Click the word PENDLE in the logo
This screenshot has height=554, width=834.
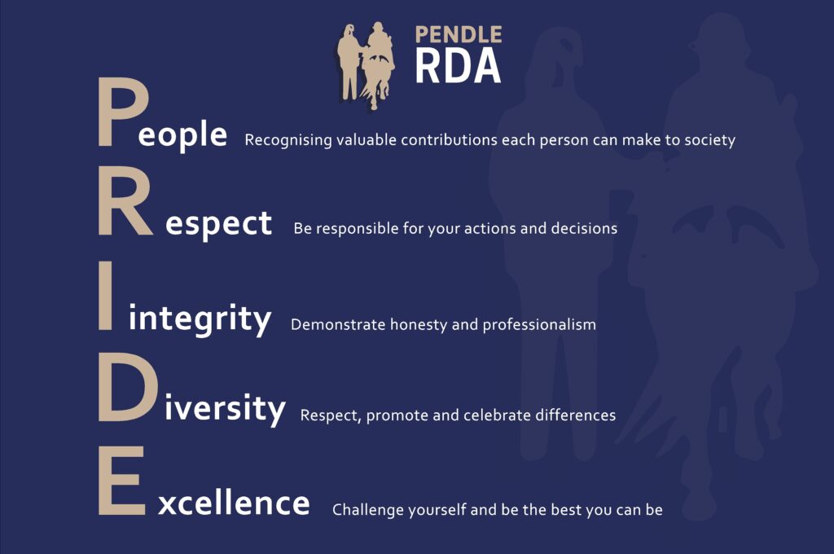pyautogui.click(x=459, y=35)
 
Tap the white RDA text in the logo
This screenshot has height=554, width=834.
pyautogui.click(x=458, y=66)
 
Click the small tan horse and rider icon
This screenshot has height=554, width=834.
pyautogui.click(x=366, y=65)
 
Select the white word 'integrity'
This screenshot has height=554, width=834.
pyautogui.click(x=200, y=319)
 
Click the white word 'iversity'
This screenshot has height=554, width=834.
pyautogui.click(x=225, y=409)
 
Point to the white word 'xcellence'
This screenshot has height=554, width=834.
pyautogui.click(x=234, y=502)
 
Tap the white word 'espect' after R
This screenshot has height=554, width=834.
pyautogui.click(x=218, y=224)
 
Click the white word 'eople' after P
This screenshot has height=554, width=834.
pyautogui.click(x=182, y=134)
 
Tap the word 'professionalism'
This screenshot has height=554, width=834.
pyautogui.click(x=539, y=324)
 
